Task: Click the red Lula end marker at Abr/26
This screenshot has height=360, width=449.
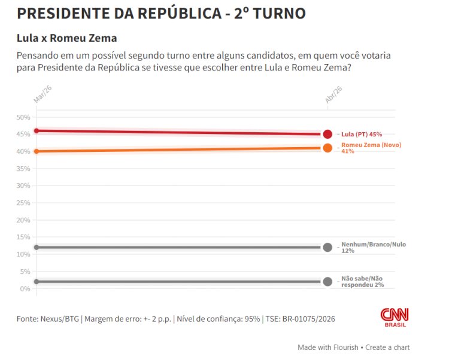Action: tap(327, 134)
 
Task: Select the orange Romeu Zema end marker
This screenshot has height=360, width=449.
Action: tap(327, 148)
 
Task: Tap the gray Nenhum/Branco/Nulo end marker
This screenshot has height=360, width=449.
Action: tap(327, 247)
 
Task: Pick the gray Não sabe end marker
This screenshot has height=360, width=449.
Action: tap(327, 282)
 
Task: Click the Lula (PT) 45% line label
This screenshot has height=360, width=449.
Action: tap(361, 135)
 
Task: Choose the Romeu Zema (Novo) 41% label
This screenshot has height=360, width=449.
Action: tap(371, 148)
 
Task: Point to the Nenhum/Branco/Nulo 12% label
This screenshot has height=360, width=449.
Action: tap(373, 247)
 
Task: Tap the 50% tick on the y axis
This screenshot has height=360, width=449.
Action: tap(23, 117)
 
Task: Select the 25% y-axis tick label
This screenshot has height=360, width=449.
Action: tap(23, 203)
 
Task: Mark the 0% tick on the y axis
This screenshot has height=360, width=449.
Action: tap(25, 289)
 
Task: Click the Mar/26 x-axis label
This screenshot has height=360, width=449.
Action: tap(40, 94)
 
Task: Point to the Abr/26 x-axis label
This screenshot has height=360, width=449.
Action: tap(333, 94)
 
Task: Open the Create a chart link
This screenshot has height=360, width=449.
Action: tap(388, 347)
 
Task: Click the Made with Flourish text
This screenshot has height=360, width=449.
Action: tap(327, 347)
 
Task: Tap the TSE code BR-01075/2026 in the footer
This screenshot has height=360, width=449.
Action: tap(308, 319)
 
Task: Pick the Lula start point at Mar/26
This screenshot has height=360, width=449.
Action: tap(37, 130)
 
